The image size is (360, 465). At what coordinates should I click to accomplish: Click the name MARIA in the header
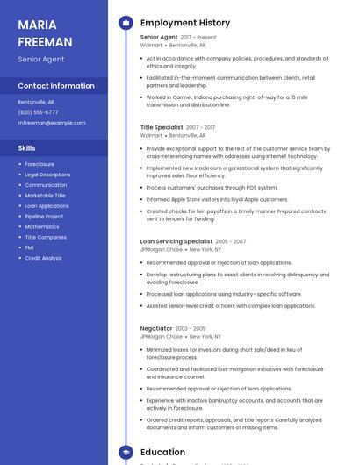click(37, 24)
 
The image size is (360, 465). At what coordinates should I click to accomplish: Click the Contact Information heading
click(56, 86)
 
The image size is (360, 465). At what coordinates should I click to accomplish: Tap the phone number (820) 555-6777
click(38, 112)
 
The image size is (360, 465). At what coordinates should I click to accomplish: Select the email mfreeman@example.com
click(52, 123)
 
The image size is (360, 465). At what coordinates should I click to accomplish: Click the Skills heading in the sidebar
click(27, 148)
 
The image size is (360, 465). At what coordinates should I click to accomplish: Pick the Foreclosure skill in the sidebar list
click(40, 164)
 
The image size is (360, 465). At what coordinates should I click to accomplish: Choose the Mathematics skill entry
click(42, 227)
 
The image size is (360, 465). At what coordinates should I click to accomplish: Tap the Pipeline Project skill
click(44, 217)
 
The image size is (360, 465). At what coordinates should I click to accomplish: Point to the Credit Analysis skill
click(43, 258)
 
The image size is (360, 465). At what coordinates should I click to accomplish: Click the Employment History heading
click(185, 23)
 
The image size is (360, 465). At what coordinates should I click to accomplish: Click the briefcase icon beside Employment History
click(126, 23)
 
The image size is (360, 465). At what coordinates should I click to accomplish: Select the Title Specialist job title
click(162, 127)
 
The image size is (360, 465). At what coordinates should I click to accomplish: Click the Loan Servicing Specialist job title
click(176, 241)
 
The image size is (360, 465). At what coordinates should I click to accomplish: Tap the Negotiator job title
click(156, 328)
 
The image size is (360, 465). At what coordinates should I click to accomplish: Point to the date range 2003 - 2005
click(191, 328)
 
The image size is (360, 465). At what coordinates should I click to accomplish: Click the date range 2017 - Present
click(198, 38)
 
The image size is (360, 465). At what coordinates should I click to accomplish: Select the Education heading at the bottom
click(162, 452)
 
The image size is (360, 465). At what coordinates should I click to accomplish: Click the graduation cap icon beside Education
click(126, 452)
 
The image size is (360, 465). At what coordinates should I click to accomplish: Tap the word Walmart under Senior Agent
click(151, 46)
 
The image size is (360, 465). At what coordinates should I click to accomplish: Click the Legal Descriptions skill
click(47, 175)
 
